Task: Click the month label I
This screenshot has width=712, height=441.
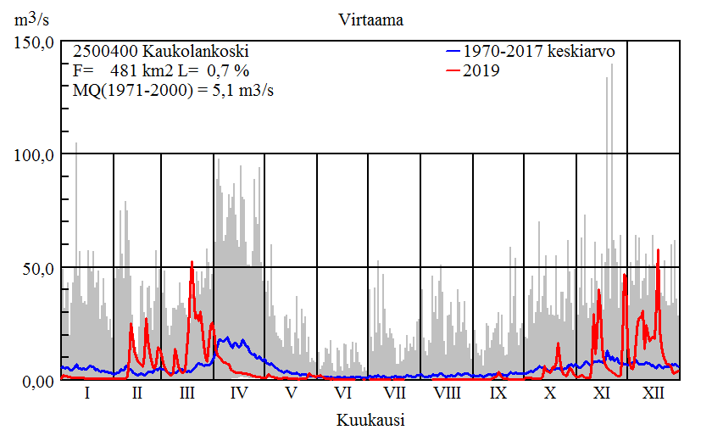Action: pos(87,394)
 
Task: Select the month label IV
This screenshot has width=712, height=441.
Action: pos(239,394)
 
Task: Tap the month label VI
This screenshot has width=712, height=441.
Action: pos(342,394)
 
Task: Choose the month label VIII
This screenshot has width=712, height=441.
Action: pos(447,394)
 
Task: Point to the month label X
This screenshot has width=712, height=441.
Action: pos(550,394)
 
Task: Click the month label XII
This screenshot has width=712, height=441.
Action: pos(654,394)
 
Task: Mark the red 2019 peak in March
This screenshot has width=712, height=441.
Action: pos(192,263)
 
